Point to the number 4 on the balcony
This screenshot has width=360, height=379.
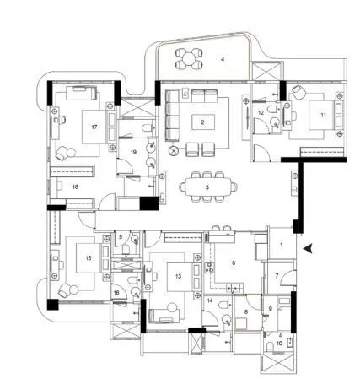click(223, 60)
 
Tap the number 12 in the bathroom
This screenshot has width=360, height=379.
click(261, 112)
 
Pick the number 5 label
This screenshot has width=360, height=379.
click(121, 238)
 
